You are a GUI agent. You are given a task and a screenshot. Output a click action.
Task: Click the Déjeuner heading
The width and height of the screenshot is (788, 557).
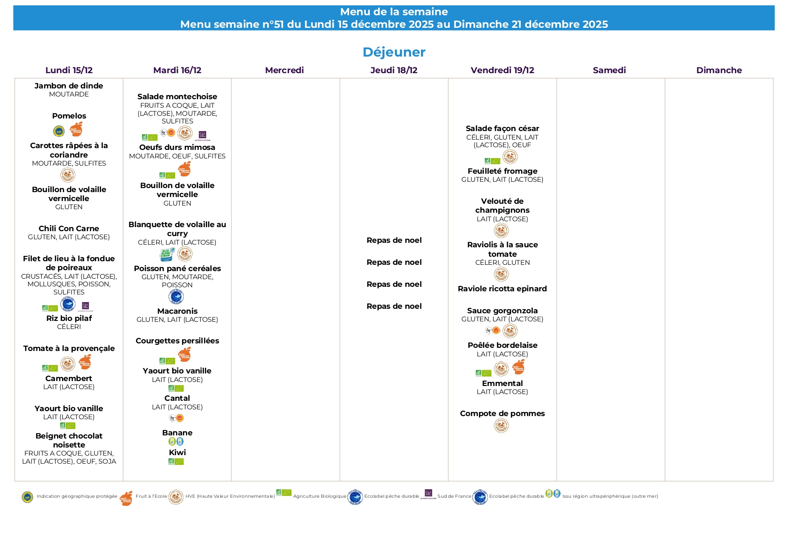coord(394,52)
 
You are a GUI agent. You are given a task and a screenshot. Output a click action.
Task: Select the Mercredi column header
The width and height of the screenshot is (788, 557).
coord(284,70)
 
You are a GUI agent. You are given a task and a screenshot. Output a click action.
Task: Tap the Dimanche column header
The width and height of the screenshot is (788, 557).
coord(719,70)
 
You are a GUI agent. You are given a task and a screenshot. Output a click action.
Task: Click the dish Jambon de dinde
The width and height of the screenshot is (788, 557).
coord(69,86)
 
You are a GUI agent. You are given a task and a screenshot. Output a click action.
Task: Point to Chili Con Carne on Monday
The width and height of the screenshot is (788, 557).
coord(69,228)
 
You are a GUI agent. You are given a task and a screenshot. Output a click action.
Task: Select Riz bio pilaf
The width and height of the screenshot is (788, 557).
coord(69,318)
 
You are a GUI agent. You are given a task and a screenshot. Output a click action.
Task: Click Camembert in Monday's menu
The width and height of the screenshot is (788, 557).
coord(69,378)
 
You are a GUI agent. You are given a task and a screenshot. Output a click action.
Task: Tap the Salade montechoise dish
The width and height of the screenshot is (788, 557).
coord(177,96)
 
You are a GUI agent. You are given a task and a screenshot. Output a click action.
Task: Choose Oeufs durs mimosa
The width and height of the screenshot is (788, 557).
coord(177,147)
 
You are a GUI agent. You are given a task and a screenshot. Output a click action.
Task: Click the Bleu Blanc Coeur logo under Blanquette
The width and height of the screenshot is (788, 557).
coord(167,254)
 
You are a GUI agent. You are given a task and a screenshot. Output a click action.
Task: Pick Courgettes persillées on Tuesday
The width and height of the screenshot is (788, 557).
coord(177,341)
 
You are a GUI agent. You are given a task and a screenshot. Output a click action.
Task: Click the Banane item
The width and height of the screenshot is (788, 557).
coord(177,433)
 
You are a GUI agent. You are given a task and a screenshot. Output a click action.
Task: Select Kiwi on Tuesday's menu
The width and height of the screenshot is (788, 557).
coord(177,452)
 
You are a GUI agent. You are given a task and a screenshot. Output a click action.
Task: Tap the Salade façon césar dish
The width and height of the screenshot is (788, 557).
coord(502,128)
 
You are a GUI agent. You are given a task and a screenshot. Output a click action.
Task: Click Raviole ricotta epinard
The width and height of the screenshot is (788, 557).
coord(502,289)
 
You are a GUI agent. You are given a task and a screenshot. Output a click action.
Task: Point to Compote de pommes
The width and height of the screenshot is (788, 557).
coord(502,413)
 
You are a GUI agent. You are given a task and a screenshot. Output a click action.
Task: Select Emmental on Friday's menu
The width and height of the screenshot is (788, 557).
coord(502,383)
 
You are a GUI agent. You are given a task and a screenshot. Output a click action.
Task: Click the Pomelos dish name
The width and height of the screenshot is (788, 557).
coord(69,116)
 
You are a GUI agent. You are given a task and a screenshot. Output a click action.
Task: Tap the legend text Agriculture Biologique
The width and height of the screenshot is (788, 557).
coord(319,496)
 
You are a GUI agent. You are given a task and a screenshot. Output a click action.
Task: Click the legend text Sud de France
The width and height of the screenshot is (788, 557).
coord(454,496)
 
